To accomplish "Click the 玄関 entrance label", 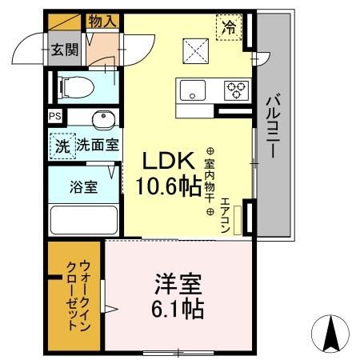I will [x=65, y=50].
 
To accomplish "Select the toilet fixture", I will [x=78, y=86].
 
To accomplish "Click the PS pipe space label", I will [x=54, y=117].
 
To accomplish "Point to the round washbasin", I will [x=102, y=120].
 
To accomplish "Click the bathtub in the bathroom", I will [x=83, y=220].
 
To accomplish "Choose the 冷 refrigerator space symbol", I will [x=230, y=27].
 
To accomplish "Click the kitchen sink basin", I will [x=193, y=90].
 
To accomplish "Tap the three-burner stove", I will [x=236, y=90].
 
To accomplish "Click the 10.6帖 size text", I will [x=167, y=188].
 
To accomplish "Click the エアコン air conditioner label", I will [x=226, y=214].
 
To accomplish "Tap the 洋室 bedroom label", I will [x=178, y=285].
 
